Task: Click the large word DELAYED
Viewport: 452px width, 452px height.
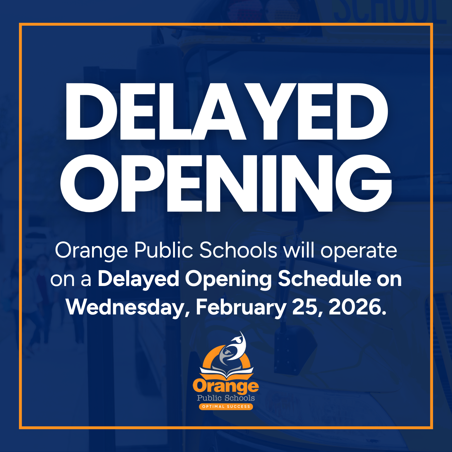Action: tap(227, 111)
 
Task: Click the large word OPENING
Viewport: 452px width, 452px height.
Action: tap(226, 183)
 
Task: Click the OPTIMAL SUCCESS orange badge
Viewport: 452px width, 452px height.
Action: tap(226, 407)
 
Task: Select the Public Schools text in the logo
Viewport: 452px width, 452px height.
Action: tap(226, 398)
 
